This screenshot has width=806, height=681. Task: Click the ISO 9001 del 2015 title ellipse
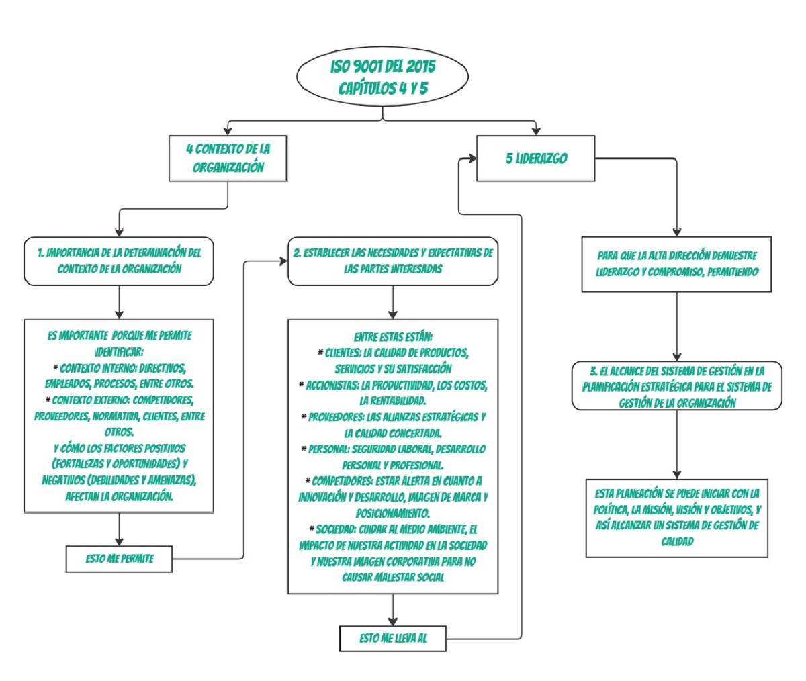pyautogui.click(x=382, y=77)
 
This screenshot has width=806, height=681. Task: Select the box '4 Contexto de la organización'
pyautogui.click(x=228, y=158)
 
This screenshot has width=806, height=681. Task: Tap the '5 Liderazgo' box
pyautogui.click(x=535, y=158)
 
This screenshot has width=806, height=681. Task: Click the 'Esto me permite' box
pyautogui.click(x=119, y=559)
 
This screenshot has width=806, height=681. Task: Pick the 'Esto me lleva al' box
pyautogui.click(x=392, y=639)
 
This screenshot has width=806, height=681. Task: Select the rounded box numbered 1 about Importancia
pyautogui.click(x=119, y=261)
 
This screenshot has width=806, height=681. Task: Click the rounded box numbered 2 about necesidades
pyautogui.click(x=393, y=261)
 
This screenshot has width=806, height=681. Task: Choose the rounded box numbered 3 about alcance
pyautogui.click(x=676, y=387)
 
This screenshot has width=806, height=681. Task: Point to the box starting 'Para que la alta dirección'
pyautogui.click(x=676, y=264)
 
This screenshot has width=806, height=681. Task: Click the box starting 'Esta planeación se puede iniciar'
pyautogui.click(x=676, y=518)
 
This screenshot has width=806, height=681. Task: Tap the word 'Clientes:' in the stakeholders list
pyautogui.click(x=343, y=353)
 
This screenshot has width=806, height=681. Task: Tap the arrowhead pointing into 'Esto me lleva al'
pyautogui.click(x=392, y=621)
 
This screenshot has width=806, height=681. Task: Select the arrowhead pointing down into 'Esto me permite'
pyautogui.click(x=119, y=541)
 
